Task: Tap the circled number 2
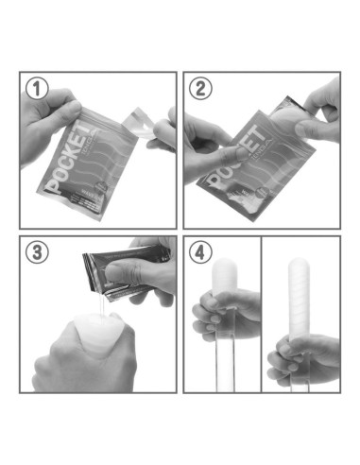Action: click(200, 90)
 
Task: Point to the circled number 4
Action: click(200, 253)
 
